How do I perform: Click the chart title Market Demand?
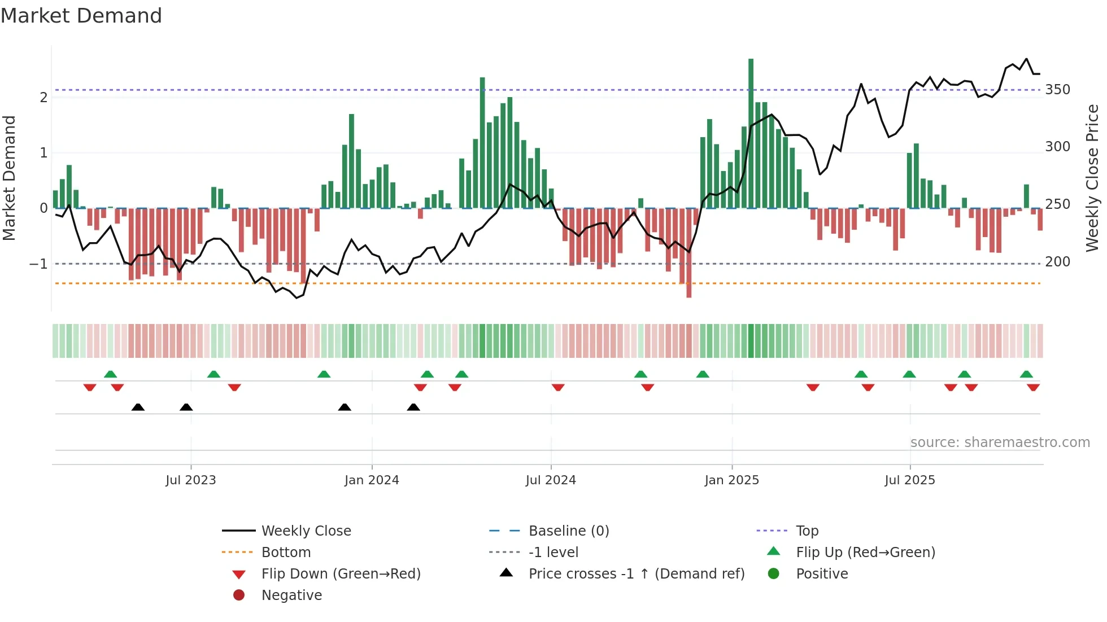pyautogui.click(x=81, y=16)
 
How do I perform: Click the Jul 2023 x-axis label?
pyautogui.click(x=191, y=480)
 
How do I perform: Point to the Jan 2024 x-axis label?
pyautogui.click(x=372, y=480)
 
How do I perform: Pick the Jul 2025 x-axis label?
pyautogui.click(x=910, y=480)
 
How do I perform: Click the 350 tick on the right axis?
pyautogui.click(x=1057, y=90)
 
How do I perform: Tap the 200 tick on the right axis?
pyautogui.click(x=1057, y=262)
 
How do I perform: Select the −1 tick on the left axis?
pyautogui.click(x=38, y=264)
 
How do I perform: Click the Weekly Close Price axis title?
pyautogui.click(x=1092, y=178)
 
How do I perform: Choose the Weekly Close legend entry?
pyautogui.click(x=306, y=531)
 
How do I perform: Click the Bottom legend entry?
pyautogui.click(x=286, y=553)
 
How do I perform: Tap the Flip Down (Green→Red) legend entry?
pyautogui.click(x=341, y=574)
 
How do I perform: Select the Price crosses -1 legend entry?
pyautogui.click(x=636, y=574)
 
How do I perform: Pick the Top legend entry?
pyautogui.click(x=807, y=531)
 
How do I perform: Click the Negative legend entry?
pyautogui.click(x=291, y=595)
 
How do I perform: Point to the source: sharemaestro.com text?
pyautogui.click(x=1000, y=443)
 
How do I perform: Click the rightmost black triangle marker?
pyautogui.click(x=413, y=408)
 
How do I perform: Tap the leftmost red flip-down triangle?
pyautogui.click(x=90, y=387)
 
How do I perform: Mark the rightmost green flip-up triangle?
pyautogui.click(x=1026, y=374)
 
